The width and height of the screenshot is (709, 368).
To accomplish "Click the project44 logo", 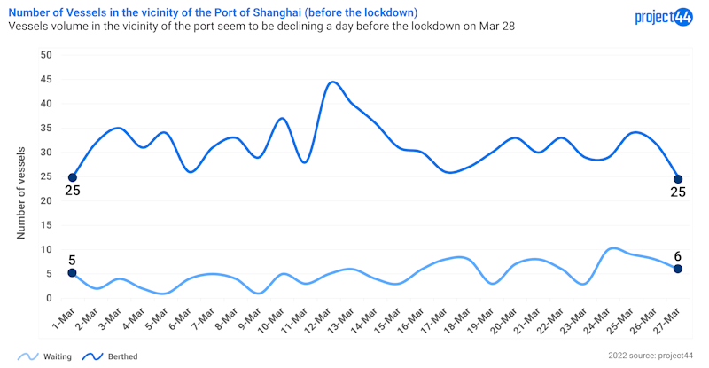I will [x=664, y=17].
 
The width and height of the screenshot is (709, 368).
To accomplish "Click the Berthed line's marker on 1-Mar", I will [x=73, y=177].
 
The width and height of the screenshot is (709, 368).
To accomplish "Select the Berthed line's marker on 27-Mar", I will [x=678, y=179].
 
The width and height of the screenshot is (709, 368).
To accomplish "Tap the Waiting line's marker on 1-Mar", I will [x=73, y=273].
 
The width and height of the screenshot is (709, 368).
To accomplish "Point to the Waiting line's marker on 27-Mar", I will [x=678, y=269].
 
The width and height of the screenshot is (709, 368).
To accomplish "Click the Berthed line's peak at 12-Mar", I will [x=333, y=82].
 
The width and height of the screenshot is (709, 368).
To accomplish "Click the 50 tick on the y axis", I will [x=47, y=55].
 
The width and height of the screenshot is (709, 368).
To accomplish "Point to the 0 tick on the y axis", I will [x=51, y=298].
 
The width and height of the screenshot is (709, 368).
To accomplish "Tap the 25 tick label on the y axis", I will [x=47, y=176].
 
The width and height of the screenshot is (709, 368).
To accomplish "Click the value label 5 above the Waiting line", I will [x=73, y=260].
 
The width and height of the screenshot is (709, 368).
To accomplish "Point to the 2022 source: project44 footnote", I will [x=651, y=356].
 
